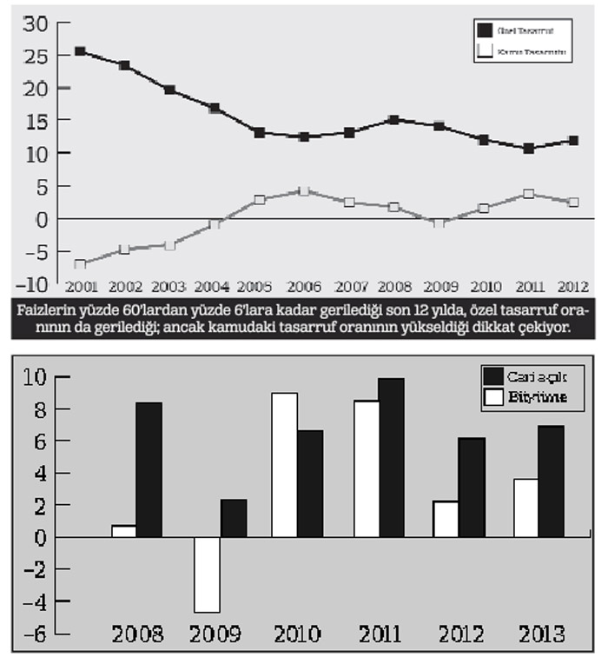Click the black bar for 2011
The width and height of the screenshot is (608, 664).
point(391,457)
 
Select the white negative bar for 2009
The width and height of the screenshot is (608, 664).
point(207,574)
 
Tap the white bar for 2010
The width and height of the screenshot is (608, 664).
point(284,465)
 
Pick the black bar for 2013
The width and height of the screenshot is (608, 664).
point(552,481)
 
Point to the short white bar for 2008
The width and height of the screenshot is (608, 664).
point(123,531)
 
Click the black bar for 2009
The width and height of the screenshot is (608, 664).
point(233,518)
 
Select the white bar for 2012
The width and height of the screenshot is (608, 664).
point(446,519)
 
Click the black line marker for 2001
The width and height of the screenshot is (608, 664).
point(80,51)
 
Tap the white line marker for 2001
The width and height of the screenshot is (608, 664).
point(80,264)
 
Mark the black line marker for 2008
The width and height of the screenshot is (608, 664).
point(393,120)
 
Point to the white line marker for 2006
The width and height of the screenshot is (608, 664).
point(303,190)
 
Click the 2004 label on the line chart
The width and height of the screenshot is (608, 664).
point(213,286)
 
